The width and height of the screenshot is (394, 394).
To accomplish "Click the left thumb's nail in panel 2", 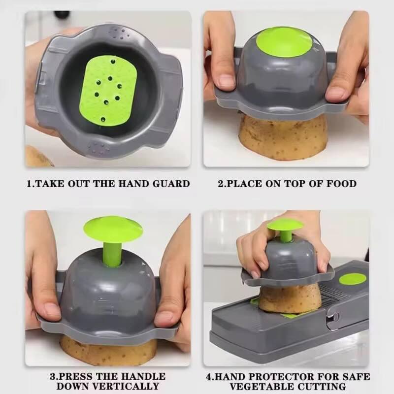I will click(226, 81).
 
